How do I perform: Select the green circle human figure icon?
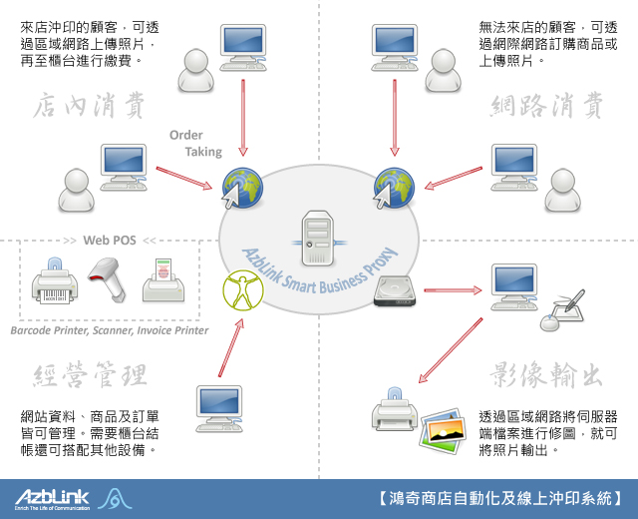(x=240, y=291)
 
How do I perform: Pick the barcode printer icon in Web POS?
(x=52, y=280)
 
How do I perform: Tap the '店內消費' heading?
(x=91, y=105)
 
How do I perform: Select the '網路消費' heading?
(x=548, y=105)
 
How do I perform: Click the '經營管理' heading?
(x=91, y=374)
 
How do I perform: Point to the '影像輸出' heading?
(x=548, y=374)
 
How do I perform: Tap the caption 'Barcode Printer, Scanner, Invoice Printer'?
(x=110, y=330)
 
